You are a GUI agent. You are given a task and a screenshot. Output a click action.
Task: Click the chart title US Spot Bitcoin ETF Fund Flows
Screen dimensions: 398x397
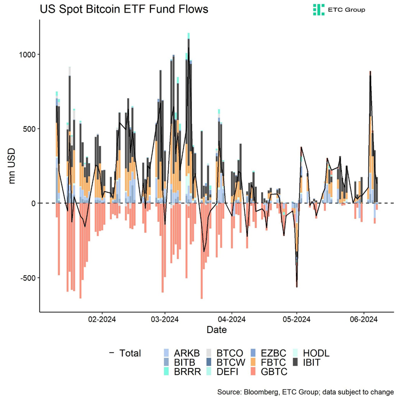pos(124,9)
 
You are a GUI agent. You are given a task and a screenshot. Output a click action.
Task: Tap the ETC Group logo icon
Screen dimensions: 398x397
pos(319,9)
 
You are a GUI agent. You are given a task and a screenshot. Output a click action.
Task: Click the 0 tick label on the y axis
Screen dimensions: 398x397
pos(34,203)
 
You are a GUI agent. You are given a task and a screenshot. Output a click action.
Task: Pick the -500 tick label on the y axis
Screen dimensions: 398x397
pos(28,278)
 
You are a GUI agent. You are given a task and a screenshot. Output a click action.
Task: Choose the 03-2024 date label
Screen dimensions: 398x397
pos(165,320)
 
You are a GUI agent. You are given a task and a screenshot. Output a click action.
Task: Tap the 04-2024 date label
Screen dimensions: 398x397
pos(231,320)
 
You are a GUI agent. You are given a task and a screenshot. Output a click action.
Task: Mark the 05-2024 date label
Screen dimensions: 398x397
pos(296,320)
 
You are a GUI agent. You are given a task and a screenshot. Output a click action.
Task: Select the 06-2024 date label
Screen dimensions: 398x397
pos(363,320)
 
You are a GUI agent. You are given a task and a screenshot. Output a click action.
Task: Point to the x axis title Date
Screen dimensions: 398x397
pos(217,331)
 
